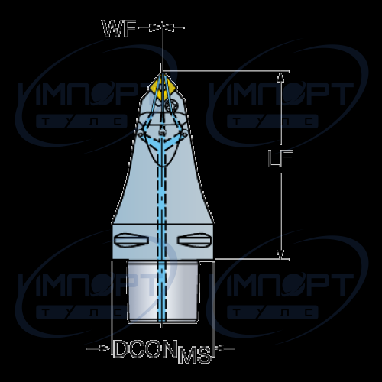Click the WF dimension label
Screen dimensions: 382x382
pyautogui.click(x=118, y=29)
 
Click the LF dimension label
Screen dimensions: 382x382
pyautogui.click(x=280, y=158)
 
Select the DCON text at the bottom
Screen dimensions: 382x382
pyautogui.click(x=145, y=348)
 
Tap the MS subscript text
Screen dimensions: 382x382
pyautogui.click(x=195, y=354)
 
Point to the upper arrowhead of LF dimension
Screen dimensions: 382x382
pyautogui.click(x=280, y=76)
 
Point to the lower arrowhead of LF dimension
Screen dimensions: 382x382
pyautogui.click(x=280, y=254)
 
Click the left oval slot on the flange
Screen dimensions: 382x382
pyautogui.click(x=131, y=240)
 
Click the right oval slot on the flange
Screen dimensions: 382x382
pyautogui.click(x=195, y=240)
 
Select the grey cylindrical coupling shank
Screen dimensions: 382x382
pyautogui.click(x=163, y=292)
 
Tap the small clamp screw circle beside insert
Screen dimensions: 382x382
pyautogui.click(x=171, y=105)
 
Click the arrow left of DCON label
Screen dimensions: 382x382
pyautogui.click(x=99, y=348)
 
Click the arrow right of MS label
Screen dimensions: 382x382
pyautogui.click(x=225, y=348)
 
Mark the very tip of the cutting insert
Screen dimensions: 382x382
pyautogui.click(x=162, y=73)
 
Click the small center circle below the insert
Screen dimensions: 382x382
pyautogui.click(x=162, y=132)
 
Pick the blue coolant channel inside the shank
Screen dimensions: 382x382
pyautogui.click(x=162, y=292)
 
